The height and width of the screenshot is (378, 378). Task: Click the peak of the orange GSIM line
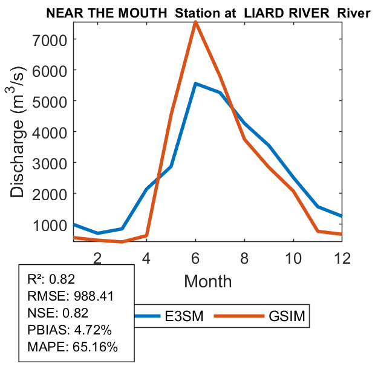[195, 22]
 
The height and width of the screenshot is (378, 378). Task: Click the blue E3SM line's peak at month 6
[195, 83]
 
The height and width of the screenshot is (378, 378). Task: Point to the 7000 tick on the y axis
[50, 39]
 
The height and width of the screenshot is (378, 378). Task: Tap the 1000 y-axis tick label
[50, 224]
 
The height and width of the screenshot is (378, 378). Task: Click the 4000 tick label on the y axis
[50, 132]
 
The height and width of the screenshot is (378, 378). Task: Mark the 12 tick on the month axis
[342, 257]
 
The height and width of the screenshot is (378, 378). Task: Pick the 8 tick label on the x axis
[244, 257]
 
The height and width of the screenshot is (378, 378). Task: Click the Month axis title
[208, 281]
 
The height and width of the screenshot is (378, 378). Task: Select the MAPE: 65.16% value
[73, 347]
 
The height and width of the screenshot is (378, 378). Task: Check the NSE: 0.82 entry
[58, 313]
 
